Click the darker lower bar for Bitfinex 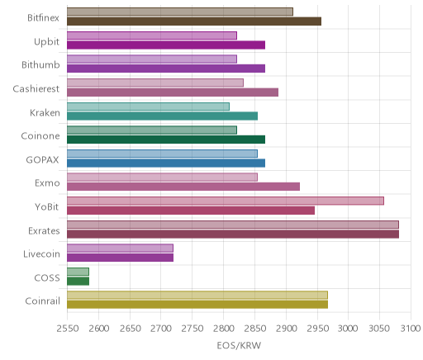194,21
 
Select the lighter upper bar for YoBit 226,201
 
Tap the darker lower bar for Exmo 183,187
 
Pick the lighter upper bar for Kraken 148,107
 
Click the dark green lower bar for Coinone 166,140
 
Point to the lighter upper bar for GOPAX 162,154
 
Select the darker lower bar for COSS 78,281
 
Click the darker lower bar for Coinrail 197,305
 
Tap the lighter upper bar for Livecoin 120,248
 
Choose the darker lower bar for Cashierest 173,92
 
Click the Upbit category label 46,42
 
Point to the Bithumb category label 40,65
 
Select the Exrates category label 44,230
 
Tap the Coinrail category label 42,301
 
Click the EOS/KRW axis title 239,345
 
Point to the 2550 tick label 68,329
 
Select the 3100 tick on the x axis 411,329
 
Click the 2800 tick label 224,329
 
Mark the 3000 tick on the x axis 348,329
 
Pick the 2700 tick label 161,329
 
